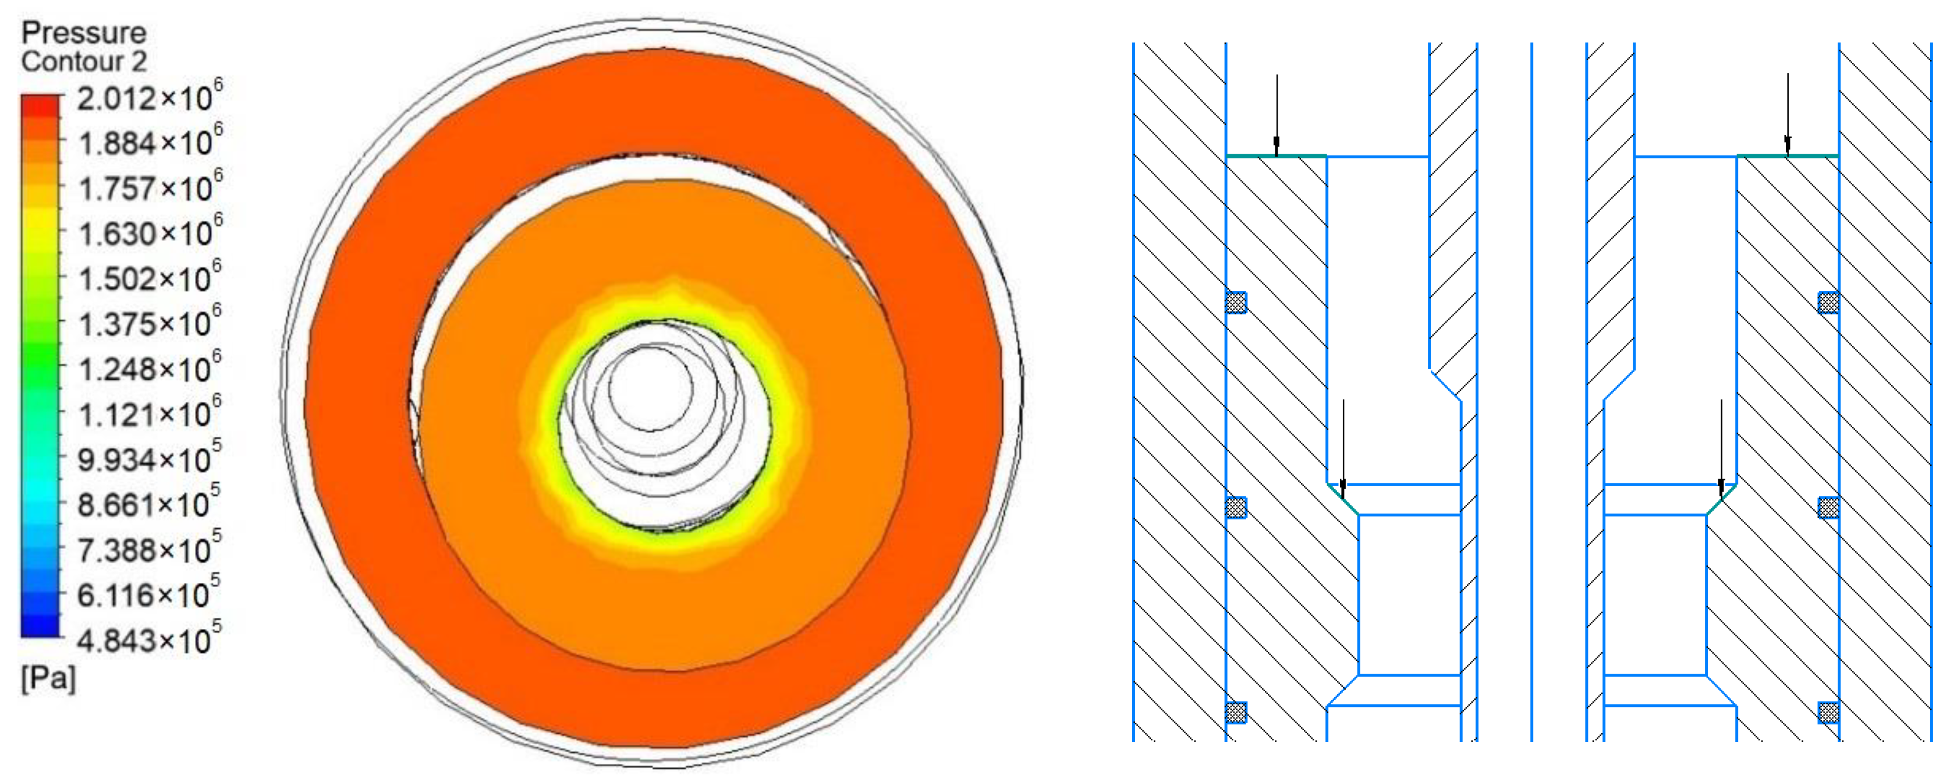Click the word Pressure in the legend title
[83, 33]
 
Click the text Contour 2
[83, 61]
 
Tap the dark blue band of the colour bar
[40, 625]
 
